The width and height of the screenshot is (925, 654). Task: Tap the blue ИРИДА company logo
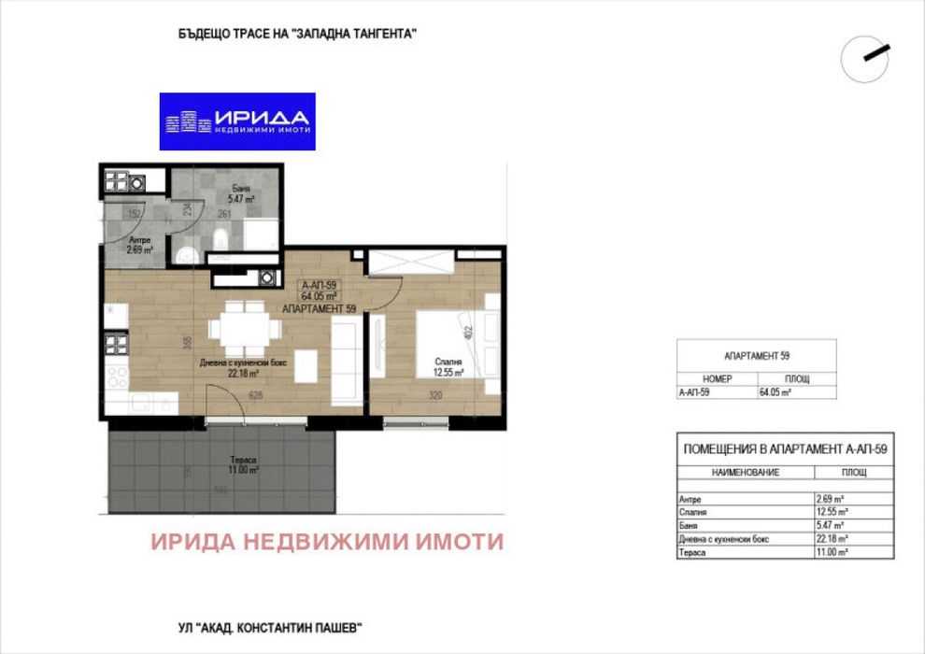coord(237,121)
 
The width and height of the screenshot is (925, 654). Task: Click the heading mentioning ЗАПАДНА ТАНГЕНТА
coord(296,33)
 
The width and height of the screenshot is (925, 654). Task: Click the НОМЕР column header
coord(717,379)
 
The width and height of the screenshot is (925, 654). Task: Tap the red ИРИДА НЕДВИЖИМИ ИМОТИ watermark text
coord(327,542)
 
